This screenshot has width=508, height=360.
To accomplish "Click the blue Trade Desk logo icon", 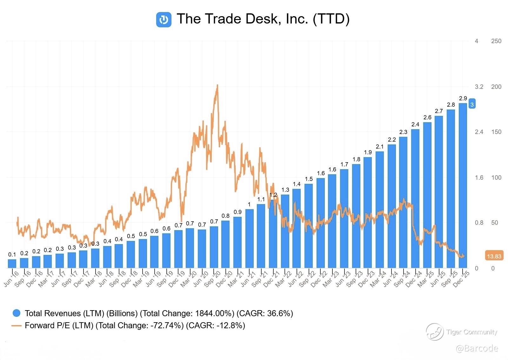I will (164, 20).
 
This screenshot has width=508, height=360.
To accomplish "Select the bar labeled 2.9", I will (463, 185).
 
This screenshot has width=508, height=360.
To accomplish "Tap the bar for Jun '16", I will (12, 263).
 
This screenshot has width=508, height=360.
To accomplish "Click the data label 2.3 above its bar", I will (403, 132).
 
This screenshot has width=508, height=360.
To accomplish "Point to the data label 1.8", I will (356, 159).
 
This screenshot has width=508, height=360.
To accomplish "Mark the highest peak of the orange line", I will (217, 85).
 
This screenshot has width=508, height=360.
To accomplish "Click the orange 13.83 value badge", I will (494, 256).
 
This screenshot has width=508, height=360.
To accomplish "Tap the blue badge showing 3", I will (472, 104).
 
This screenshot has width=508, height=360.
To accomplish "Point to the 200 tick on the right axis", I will (496, 87).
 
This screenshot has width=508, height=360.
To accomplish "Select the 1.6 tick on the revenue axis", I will (479, 177).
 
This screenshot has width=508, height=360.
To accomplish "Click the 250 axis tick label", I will (496, 41).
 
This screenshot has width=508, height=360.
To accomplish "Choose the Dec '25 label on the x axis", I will (461, 278).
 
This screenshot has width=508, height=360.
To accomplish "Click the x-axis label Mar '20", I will (189, 279).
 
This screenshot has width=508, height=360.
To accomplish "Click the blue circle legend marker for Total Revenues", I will (16, 313).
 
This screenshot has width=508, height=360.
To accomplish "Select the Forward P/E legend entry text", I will (135, 325).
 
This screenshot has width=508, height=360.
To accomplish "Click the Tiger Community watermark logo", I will (434, 332).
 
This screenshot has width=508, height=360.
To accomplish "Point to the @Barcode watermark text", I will (477, 349).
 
